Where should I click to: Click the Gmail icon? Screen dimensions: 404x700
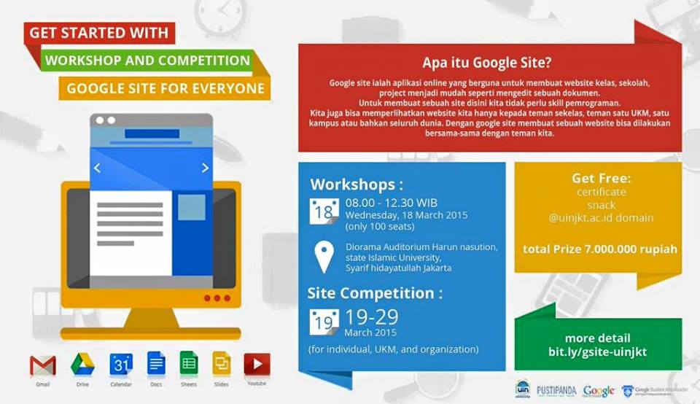[42, 365]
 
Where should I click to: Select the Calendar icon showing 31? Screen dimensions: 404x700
[120, 364]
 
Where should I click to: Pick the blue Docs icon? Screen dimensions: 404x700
[156, 363]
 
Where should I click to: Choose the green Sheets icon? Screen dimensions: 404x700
[189, 363]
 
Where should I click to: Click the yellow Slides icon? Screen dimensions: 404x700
[222, 363]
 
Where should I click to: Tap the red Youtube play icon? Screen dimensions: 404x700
[257, 364]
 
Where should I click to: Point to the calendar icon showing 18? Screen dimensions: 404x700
[324, 211]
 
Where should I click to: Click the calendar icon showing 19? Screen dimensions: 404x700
[324, 322]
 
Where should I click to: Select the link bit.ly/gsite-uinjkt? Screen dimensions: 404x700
[597, 352]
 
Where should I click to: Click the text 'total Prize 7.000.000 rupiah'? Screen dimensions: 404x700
[599, 249]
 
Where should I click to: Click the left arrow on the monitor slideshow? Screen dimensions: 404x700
[97, 168]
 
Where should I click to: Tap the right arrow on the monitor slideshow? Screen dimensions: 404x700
[205, 168]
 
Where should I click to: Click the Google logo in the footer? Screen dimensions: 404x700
[599, 391]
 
